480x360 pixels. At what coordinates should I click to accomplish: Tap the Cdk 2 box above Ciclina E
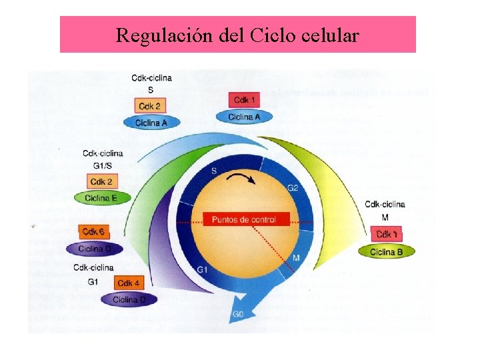pos(101,181)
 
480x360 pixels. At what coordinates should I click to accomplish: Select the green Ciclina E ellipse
pos(101,198)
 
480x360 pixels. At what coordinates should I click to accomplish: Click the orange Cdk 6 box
pos(93,232)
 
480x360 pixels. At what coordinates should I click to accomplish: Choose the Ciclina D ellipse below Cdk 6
pos(95,249)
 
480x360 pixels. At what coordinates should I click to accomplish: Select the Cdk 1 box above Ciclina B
pos(387,235)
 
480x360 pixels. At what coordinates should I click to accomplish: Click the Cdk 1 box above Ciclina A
pos(244,100)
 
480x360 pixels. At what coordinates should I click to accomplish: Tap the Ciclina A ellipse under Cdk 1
pos(244,117)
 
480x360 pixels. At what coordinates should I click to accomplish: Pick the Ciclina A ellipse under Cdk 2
pos(151,122)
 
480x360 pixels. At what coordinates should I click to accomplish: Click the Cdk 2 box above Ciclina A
pos(149,105)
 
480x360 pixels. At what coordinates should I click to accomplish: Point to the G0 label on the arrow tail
pos(238,314)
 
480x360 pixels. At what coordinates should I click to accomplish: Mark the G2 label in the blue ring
pos(293,187)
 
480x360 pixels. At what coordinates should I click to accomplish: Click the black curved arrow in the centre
pos(241,178)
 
